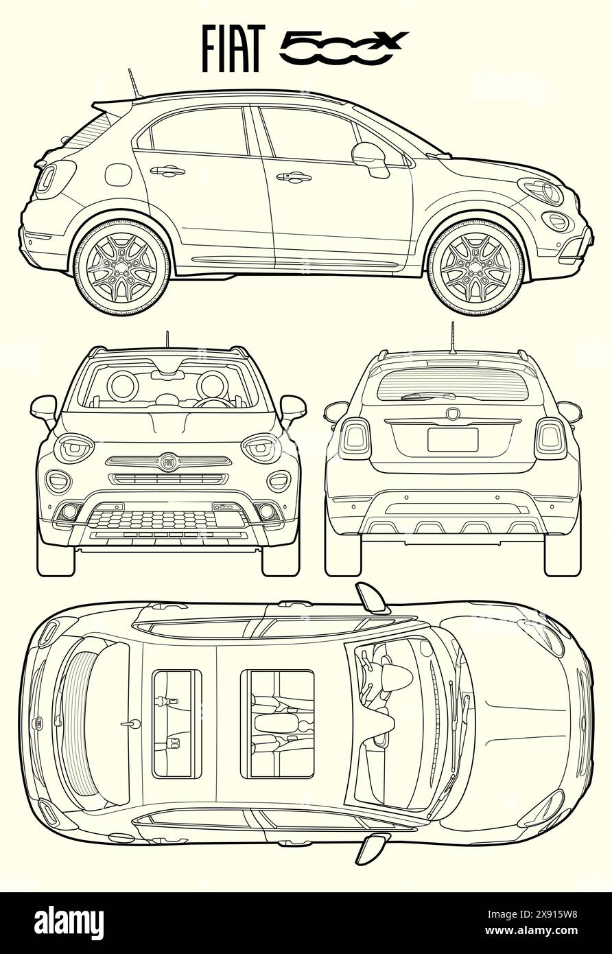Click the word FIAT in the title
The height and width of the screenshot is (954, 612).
click(x=233, y=49)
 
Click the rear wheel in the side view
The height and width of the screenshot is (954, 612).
click(x=121, y=266)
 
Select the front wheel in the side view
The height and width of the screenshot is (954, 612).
click(x=475, y=266)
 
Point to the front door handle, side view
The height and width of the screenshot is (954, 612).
click(x=294, y=177)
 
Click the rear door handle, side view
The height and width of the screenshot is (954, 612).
click(x=167, y=171)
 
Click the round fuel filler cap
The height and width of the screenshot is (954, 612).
click(x=118, y=174)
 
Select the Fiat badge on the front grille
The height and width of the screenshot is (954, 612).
click(x=169, y=462)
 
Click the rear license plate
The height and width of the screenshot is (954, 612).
click(x=452, y=440)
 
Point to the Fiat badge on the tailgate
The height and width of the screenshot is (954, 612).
click(x=452, y=413)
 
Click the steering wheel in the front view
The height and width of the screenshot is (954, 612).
click(x=212, y=401)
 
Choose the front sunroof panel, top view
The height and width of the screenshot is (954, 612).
click(x=277, y=724)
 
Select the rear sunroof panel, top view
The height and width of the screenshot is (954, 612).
click(x=176, y=724)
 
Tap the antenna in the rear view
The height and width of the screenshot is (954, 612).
click(x=452, y=338)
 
